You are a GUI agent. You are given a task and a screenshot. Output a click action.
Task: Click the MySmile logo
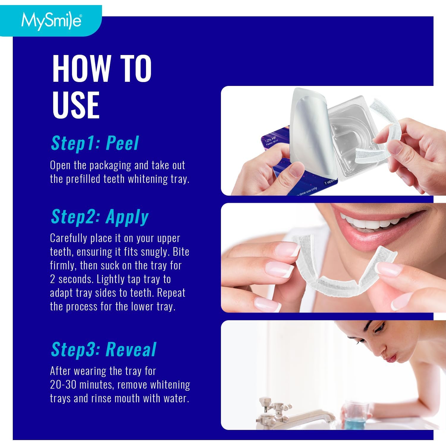[x=51, y=21]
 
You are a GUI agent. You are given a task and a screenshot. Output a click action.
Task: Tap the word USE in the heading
[x=76, y=105]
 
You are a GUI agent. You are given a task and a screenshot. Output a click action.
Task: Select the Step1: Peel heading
[x=95, y=143]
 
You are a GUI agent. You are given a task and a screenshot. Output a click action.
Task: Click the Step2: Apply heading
[x=100, y=216]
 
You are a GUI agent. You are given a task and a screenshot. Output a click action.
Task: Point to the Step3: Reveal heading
[x=103, y=349]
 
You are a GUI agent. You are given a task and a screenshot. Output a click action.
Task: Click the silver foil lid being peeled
[x=309, y=131]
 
